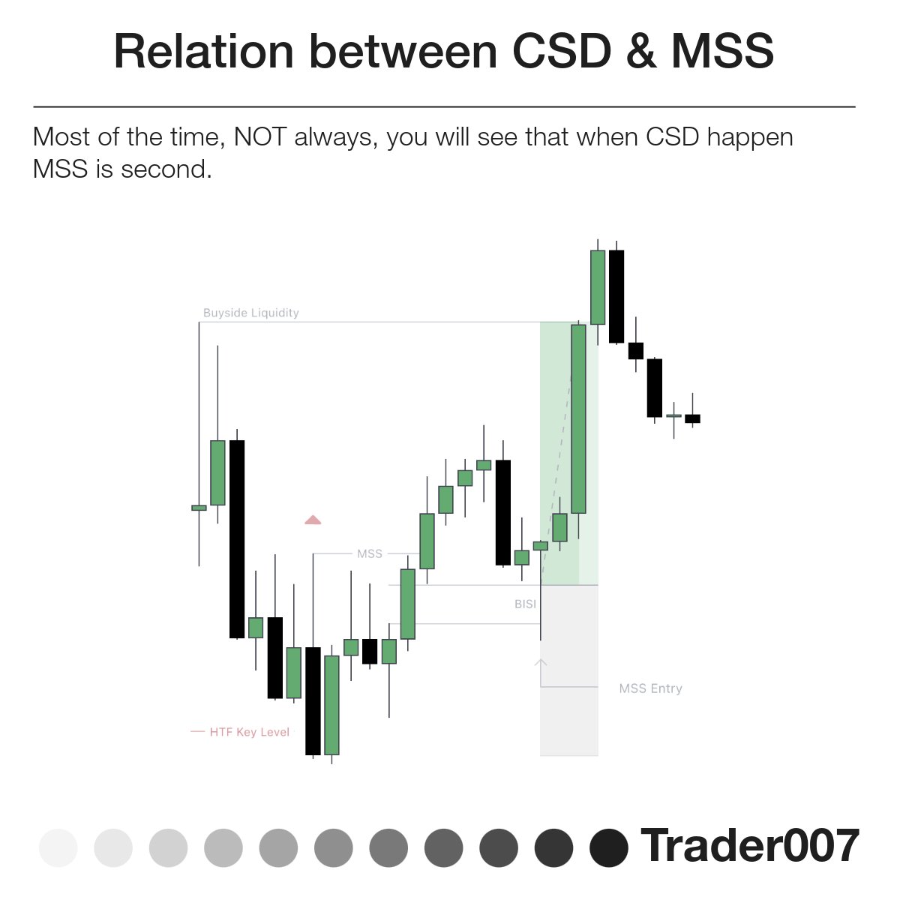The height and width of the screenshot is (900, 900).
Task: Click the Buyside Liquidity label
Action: click(250, 313)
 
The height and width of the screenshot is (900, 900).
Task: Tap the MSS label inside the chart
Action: click(370, 553)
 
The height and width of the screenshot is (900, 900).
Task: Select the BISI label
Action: click(525, 604)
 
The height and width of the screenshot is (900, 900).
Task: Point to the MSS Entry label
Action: click(650, 688)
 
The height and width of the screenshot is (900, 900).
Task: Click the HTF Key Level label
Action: click(249, 732)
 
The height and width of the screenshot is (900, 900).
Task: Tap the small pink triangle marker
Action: click(313, 520)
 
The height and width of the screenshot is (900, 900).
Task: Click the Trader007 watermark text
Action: click(749, 846)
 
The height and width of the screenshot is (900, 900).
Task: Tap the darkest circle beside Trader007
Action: click(609, 847)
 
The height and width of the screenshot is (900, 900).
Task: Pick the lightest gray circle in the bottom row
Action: click(58, 847)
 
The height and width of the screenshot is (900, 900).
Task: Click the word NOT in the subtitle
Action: click(260, 137)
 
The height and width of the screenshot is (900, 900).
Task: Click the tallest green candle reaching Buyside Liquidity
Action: click(578, 418)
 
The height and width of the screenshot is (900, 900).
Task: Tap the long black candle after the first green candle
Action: click(237, 538)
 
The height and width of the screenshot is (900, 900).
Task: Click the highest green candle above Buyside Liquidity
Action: click(598, 287)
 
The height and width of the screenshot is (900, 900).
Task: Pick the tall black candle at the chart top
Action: click(616, 296)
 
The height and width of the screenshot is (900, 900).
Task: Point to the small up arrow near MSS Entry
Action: click(541, 663)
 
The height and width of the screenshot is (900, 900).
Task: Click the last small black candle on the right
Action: click(692, 418)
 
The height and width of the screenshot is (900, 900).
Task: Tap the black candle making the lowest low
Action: click(313, 700)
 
